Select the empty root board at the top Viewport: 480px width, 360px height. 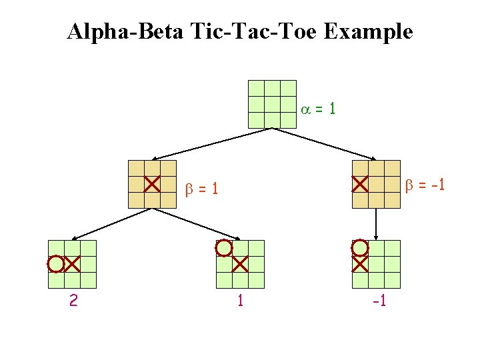tap(271, 104)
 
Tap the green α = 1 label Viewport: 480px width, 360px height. tap(318, 108)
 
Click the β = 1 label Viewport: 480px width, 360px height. tap(201, 189)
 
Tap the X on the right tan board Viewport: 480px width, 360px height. tap(360, 183)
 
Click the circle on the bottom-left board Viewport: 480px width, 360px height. tap(56, 265)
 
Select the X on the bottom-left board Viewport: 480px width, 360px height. tap(72, 265)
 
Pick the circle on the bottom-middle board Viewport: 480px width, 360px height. tap(224, 249)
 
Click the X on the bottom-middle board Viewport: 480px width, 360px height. tap(240, 265)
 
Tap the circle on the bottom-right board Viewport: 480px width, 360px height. tap(360, 249)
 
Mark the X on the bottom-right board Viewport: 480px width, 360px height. tap(360, 265)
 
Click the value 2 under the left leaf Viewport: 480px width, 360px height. tap(73, 301)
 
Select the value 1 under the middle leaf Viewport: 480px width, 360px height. tap(240, 301)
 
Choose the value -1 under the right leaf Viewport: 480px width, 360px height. tap(379, 301)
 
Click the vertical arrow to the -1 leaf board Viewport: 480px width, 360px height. tap(376, 224)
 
